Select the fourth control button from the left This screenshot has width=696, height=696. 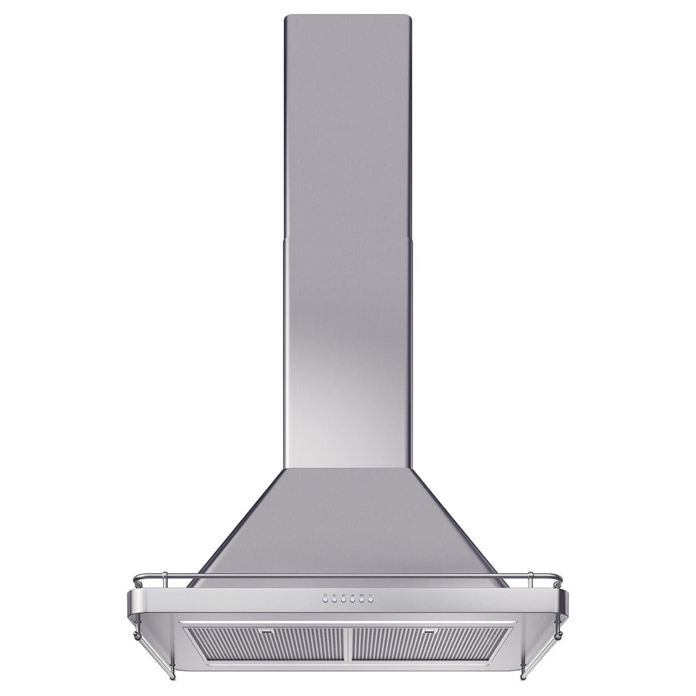click(x=351, y=599)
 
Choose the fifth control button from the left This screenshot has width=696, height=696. click(x=360, y=599)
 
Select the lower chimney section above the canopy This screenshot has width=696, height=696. click(x=347, y=348)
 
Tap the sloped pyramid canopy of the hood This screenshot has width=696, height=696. click(x=347, y=526)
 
